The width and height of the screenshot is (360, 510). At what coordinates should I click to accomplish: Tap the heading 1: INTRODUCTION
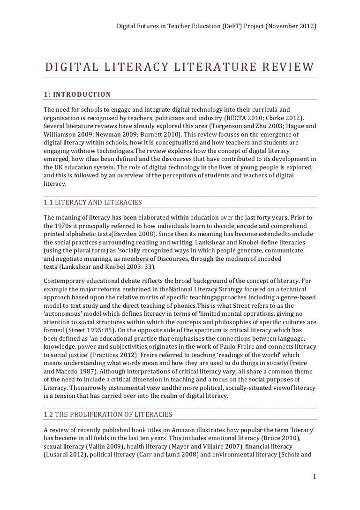pos(77,94)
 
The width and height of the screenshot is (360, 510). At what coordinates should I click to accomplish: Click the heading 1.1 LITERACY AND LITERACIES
pos(92,202)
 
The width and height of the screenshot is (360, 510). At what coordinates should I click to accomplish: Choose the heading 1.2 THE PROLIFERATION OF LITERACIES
pos(108,414)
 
